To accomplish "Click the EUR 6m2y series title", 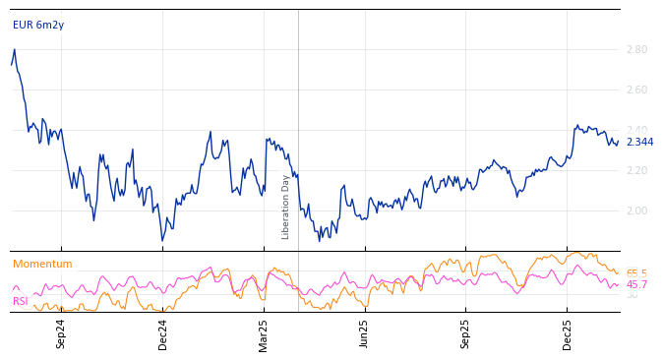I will click(38, 25).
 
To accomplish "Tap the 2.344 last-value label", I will click(639, 143).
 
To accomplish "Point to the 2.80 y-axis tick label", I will click(636, 49).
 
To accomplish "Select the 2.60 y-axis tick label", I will click(636, 90).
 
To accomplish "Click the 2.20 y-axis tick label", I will click(636, 170).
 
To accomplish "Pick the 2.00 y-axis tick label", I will click(636, 210).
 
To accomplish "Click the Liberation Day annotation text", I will click(286, 207).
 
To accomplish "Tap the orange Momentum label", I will click(42, 264).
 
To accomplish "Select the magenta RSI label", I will click(20, 301).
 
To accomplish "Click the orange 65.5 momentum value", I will click(636, 273).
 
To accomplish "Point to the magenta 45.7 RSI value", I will click(636, 284).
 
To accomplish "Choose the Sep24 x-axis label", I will click(61, 333).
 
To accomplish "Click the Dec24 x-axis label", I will click(163, 333).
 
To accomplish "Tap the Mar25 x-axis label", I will click(264, 333).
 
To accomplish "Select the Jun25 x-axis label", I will click(365, 333).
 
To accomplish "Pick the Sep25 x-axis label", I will click(466, 333).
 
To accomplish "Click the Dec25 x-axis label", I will click(568, 333).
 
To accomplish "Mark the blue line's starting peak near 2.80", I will click(14, 49).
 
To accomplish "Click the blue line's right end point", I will click(618, 142).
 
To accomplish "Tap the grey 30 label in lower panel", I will click(632, 294).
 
